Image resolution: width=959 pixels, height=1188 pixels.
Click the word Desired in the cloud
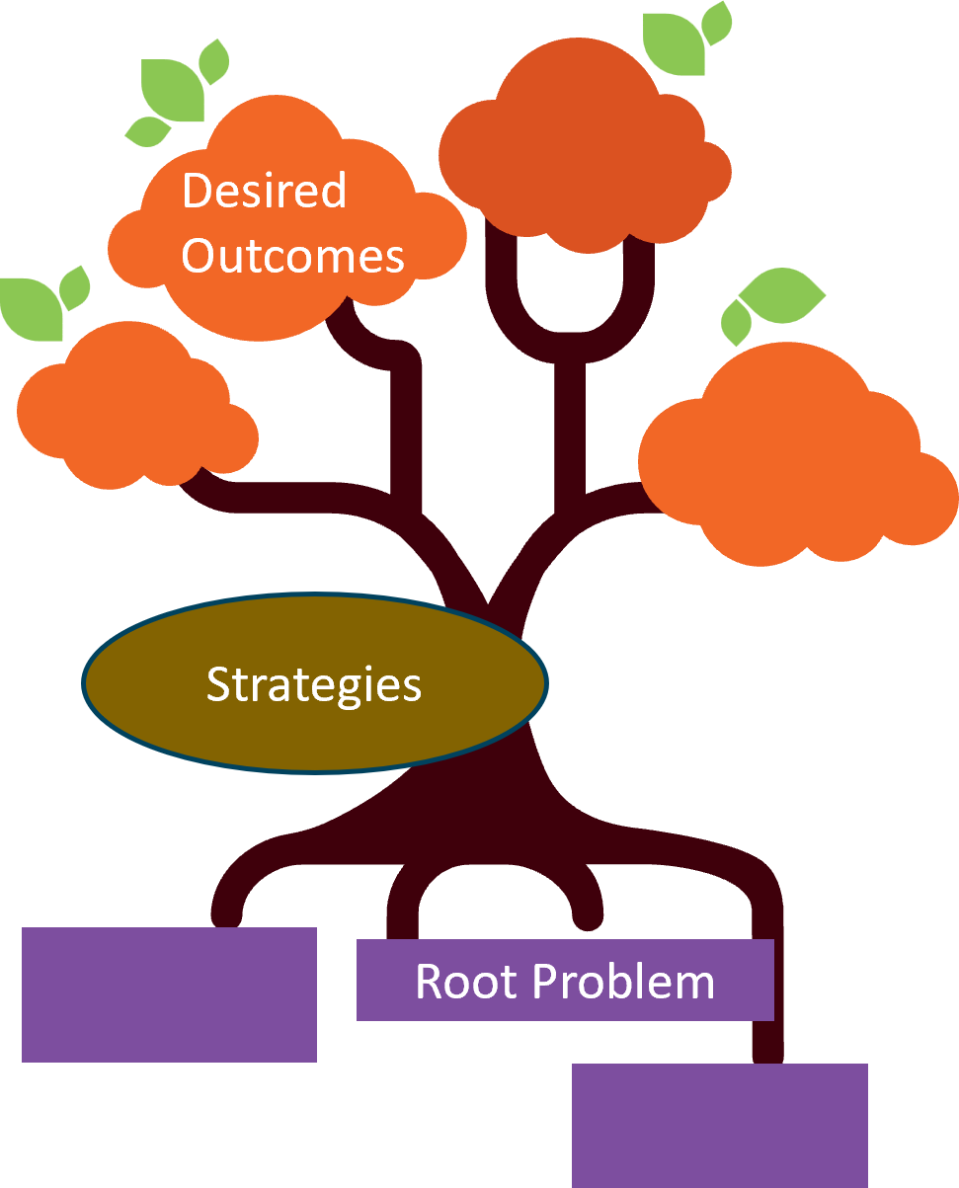pyautogui.click(x=264, y=190)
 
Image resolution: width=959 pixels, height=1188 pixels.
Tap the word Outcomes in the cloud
pyautogui.click(x=293, y=256)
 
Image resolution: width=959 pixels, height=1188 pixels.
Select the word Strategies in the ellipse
pyautogui.click(x=313, y=684)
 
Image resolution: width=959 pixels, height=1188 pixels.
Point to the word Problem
pyautogui.click(x=622, y=981)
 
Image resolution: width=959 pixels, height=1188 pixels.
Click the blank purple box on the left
pyautogui.click(x=169, y=994)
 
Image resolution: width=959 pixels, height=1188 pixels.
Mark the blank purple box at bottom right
pyautogui.click(x=719, y=1125)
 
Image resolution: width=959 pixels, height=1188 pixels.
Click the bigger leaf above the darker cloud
pyautogui.click(x=674, y=44)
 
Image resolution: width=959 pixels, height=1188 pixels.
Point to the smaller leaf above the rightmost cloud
pyautogui.click(x=736, y=322)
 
